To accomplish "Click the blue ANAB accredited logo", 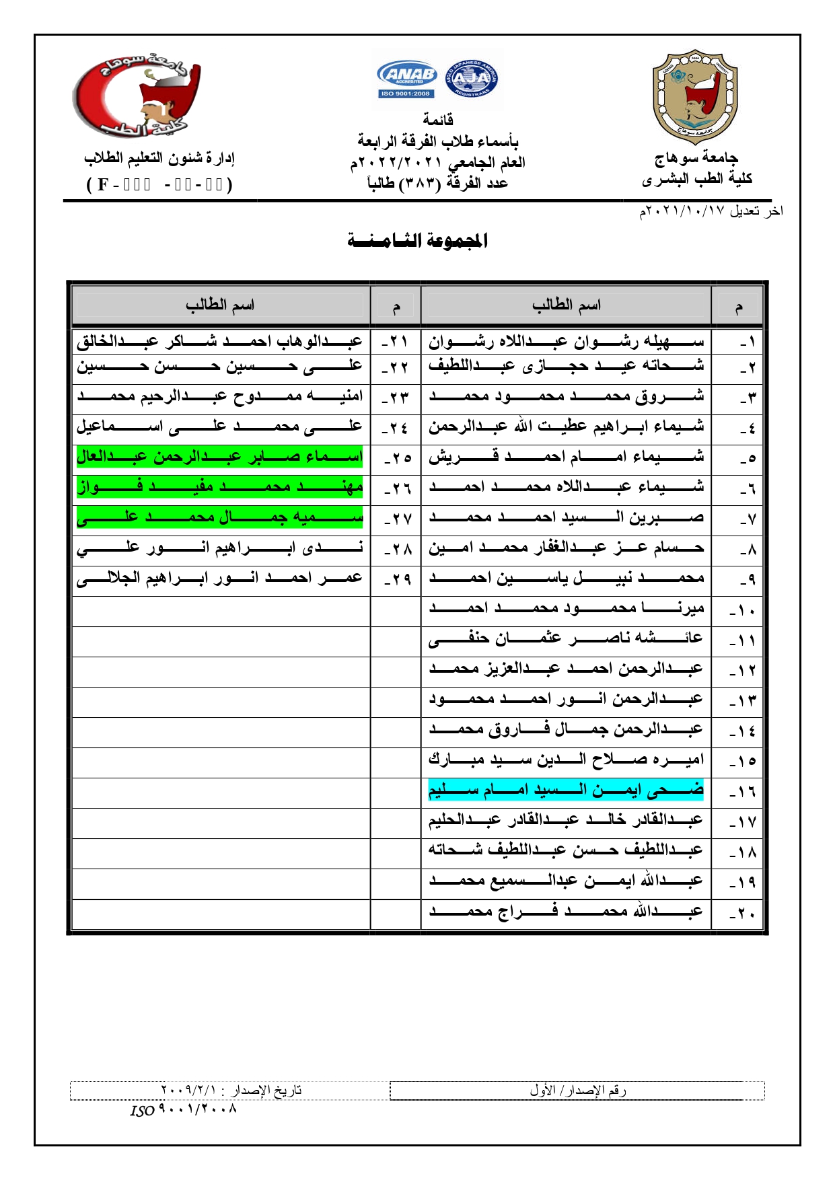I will tap(407, 79).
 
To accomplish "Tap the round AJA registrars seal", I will tap(472, 79).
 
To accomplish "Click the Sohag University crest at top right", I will tap(694, 97).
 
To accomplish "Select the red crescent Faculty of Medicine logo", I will tap(138, 98).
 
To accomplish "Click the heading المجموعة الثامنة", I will tap(417, 240).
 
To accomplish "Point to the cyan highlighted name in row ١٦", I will tap(566, 790).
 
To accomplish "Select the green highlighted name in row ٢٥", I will tap(219, 457).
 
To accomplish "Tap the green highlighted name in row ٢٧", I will tap(219, 517).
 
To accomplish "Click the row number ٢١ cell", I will tap(395, 342).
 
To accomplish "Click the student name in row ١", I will tap(566, 342).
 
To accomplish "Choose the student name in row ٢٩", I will tap(219, 578).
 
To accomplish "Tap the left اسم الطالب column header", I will tap(220, 305).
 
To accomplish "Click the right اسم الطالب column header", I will tap(566, 305).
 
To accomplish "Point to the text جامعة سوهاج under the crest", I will tap(696, 158).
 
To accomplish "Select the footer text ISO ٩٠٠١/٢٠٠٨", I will tap(183, 1109).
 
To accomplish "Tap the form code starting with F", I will tap(159, 184).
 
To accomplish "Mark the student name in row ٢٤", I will tap(219, 426).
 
